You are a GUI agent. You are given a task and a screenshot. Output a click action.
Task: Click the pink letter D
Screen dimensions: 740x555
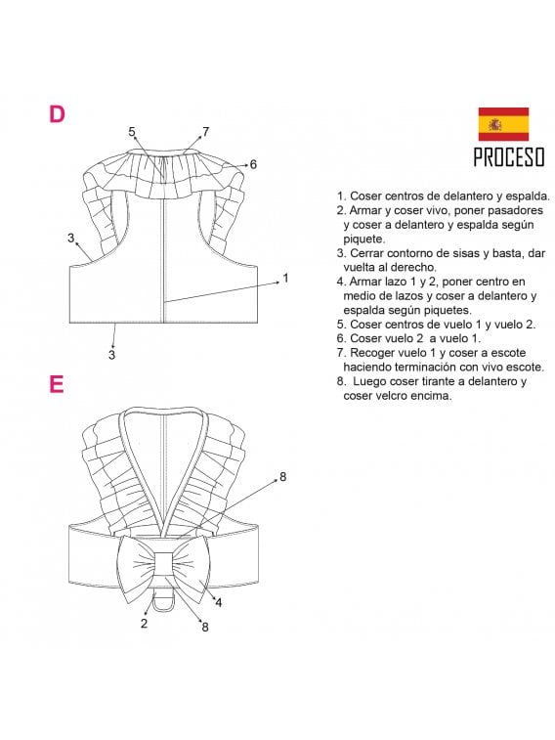(x=57, y=113)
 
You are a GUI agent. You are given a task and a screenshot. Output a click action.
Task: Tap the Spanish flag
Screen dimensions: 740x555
(x=502, y=124)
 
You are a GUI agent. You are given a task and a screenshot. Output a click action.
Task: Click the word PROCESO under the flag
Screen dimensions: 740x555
(x=508, y=156)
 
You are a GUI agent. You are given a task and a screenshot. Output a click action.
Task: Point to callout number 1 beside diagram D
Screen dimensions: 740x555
(x=285, y=279)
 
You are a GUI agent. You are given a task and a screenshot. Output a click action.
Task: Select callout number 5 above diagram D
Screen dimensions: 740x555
(x=132, y=131)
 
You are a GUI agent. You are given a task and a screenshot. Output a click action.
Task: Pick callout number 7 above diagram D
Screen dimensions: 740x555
(x=205, y=131)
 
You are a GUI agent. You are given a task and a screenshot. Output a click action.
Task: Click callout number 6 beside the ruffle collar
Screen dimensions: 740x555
(x=253, y=164)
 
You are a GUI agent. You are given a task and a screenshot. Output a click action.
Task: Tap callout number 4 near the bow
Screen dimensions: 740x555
(x=218, y=602)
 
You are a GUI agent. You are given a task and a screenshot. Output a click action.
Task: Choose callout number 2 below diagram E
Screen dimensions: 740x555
(x=144, y=623)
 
